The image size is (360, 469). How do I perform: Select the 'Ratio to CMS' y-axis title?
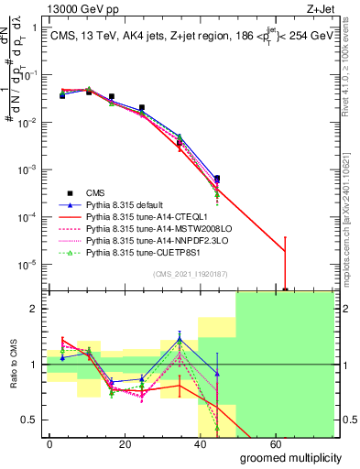12,366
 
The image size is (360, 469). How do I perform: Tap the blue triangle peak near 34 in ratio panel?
180,340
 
